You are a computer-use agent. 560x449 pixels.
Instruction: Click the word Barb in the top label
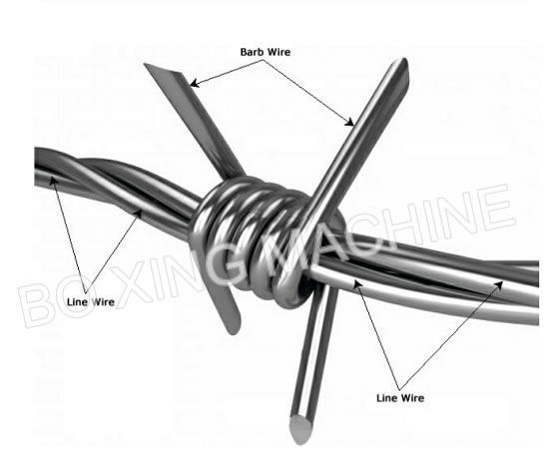253,52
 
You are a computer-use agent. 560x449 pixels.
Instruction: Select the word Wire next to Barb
279,52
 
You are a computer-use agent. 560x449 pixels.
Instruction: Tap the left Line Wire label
91,302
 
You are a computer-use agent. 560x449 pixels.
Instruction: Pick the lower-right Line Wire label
400,398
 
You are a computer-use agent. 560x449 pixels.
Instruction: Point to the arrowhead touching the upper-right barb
349,122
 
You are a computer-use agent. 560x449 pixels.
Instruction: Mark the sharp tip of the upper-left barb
145,64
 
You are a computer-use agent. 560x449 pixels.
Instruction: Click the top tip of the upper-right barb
404,60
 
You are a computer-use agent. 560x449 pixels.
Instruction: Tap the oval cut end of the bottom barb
301,429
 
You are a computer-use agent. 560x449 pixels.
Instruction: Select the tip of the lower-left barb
234,332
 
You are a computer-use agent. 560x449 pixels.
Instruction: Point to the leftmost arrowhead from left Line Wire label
54,182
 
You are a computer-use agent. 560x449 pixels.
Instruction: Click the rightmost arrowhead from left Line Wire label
139,215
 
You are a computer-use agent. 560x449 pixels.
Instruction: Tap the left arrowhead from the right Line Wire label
358,284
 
